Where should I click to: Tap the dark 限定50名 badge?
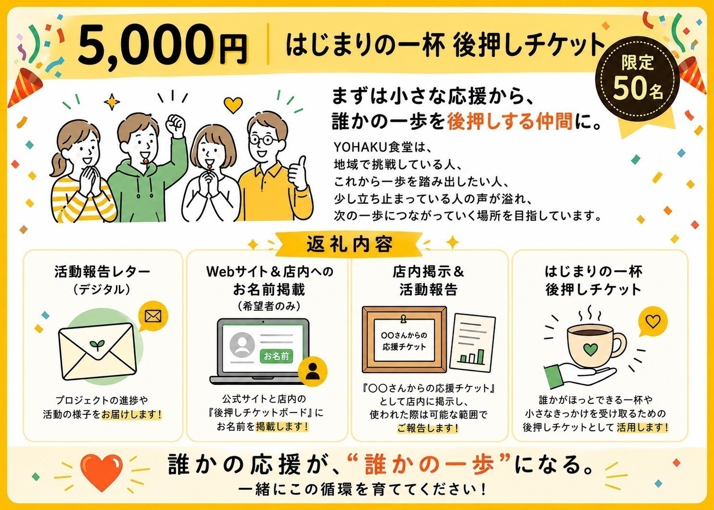637,78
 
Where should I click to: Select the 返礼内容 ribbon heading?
349,245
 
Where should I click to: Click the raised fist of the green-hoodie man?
175,124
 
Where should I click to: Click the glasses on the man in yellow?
264,140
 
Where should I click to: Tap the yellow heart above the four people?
233,105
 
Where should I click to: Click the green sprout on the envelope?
97,344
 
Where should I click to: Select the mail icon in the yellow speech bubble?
153,316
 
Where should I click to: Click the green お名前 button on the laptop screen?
276,356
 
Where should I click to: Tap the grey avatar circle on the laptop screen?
242,345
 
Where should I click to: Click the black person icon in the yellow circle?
312,371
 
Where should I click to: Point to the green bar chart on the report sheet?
472,357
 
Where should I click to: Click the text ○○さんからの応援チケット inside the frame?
404,341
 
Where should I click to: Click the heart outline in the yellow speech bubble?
653,321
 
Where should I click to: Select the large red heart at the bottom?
102,472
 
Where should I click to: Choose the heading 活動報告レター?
102,272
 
